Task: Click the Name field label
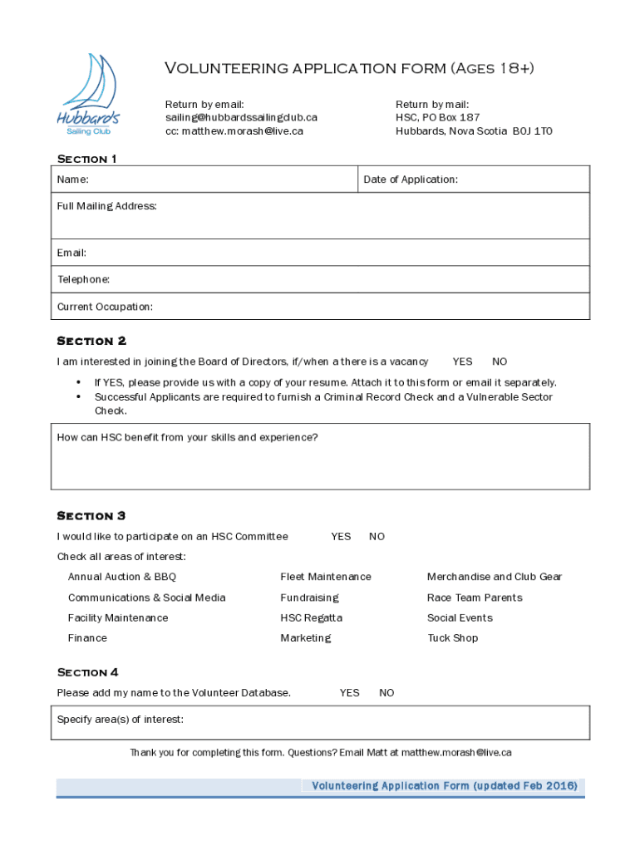73,180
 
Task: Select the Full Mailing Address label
106,206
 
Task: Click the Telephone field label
83,280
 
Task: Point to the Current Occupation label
105,307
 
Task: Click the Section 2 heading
91,341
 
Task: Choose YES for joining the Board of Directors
462,362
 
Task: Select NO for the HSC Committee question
377,537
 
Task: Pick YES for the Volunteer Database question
349,693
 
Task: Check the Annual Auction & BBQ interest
122,577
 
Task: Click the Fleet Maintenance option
326,577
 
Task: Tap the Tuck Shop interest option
452,638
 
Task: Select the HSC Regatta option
311,618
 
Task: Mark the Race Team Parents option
475,598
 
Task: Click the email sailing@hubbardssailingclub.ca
241,118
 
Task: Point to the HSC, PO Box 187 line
437,118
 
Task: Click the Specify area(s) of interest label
121,720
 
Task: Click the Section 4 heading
87,672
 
